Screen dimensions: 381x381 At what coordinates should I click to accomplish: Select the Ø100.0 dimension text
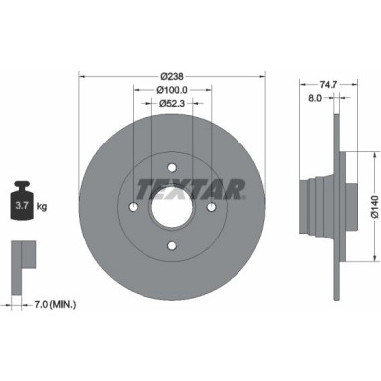pos(171,90)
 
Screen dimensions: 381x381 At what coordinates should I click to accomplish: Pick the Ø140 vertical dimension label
pos(370,206)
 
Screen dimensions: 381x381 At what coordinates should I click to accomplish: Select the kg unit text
pos(43,207)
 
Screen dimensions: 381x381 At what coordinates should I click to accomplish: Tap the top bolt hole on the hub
pos(170,167)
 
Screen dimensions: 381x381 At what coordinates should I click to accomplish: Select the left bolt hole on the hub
pos(132,206)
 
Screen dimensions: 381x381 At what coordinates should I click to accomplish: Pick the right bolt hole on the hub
pos(209,206)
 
